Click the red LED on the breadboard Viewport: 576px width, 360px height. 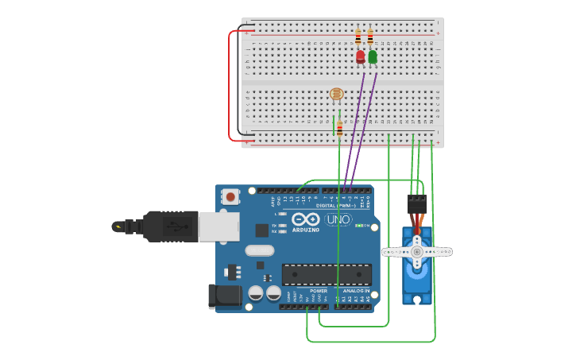click(361, 56)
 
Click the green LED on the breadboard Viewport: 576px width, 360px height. click(373, 56)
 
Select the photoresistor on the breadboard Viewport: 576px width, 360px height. click(336, 94)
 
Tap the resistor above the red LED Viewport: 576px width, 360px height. click(358, 37)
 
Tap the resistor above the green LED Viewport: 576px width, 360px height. click(370, 37)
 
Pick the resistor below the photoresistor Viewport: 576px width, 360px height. click(340, 129)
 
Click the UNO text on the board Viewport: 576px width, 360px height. click(338, 219)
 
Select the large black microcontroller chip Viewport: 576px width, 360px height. click(327, 274)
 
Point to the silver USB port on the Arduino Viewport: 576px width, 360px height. click(218, 226)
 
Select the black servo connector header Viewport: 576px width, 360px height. click(416, 203)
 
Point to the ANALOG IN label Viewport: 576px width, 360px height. click(355, 291)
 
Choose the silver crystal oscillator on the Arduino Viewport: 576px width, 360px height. click(259, 251)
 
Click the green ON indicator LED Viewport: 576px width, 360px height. click(358, 226)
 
